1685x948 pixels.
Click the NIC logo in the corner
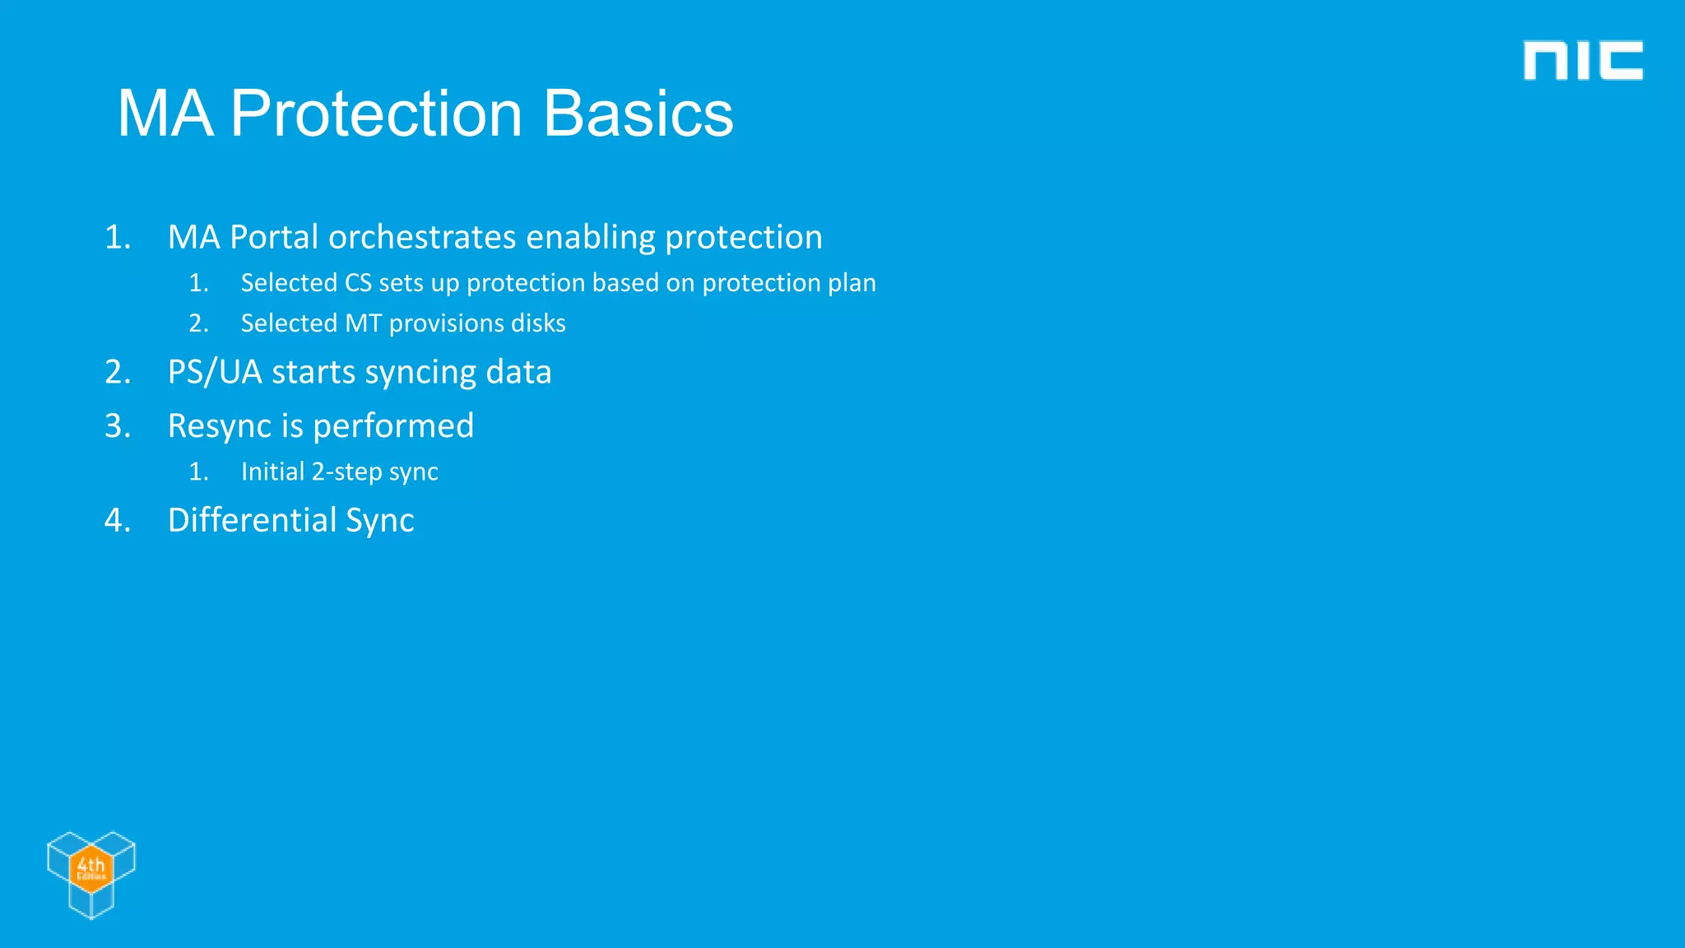pos(1582,61)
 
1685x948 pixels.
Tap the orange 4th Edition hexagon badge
pos(91,868)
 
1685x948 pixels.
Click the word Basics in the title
pos(638,114)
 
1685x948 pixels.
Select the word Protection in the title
pos(376,114)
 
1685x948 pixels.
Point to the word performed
pos(392,426)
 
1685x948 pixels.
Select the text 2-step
pos(346,472)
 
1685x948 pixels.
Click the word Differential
pos(252,520)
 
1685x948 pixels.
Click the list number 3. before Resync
pos(117,426)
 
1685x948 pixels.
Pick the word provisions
pos(445,323)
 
